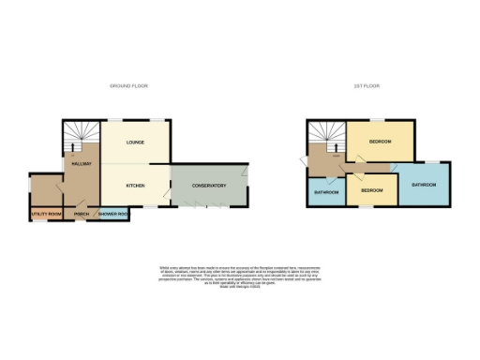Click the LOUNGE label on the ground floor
136,142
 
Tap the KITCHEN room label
136,186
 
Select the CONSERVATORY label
210,186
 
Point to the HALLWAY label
81,164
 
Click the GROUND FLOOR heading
128,85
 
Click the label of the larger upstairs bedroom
380,142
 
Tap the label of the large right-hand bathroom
424,185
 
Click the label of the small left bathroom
325,192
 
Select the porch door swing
82,205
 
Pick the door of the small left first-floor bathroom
330,178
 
